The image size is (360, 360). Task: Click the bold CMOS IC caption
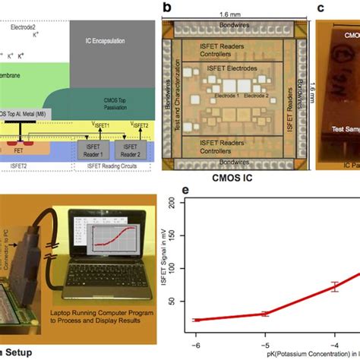[x=226, y=179]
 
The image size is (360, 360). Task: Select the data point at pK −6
[x=197, y=320]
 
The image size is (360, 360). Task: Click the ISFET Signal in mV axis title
[x=165, y=262]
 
